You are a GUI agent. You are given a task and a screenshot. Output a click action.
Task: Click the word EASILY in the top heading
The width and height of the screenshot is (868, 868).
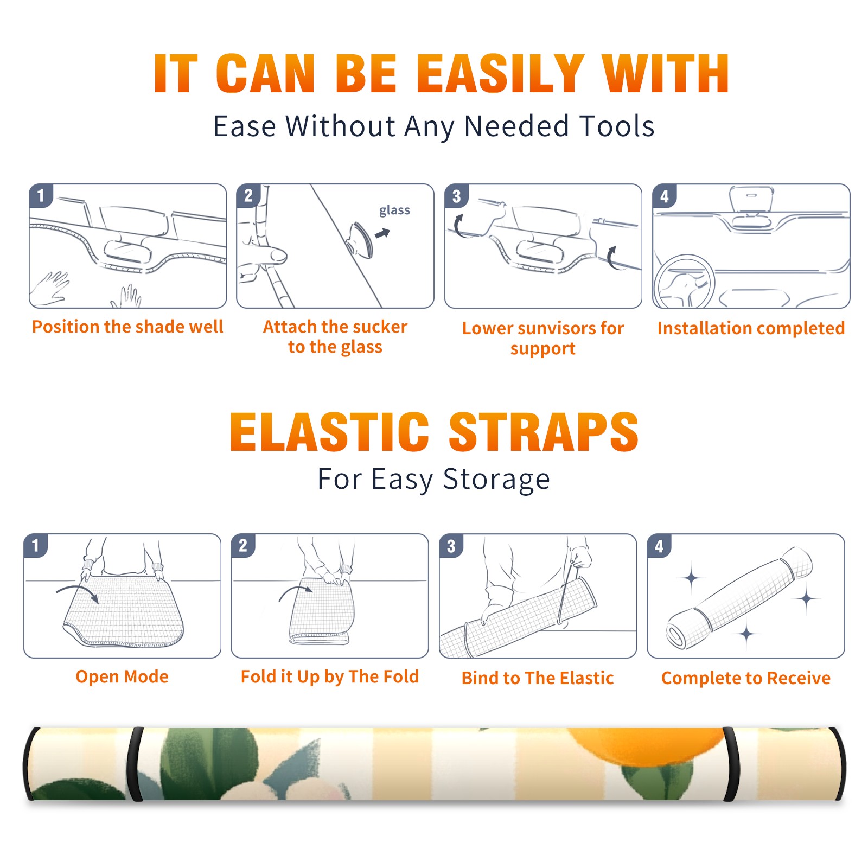click(x=500, y=74)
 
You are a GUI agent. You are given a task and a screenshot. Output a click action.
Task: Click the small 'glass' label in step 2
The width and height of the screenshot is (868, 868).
click(x=394, y=210)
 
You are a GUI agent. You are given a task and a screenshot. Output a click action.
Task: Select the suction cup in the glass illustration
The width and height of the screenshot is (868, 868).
click(x=361, y=239)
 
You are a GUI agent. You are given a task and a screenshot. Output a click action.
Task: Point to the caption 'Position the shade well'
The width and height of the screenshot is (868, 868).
click(x=127, y=327)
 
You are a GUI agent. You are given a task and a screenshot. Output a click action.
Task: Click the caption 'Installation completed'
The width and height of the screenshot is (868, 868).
click(x=751, y=328)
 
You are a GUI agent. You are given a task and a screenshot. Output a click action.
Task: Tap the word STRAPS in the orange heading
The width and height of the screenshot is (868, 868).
click(x=544, y=432)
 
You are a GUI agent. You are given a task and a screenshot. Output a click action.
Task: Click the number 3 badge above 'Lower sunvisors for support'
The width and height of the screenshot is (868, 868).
click(x=456, y=196)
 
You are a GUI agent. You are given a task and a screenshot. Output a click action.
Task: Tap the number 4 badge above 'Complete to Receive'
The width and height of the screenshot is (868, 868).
click(x=659, y=546)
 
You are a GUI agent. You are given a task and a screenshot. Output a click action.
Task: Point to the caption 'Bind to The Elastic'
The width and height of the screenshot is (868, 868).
click(x=537, y=678)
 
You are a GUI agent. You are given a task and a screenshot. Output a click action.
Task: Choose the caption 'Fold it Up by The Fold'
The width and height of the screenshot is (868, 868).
click(x=330, y=676)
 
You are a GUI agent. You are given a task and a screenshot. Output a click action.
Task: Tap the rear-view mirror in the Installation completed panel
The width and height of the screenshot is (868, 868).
click(x=751, y=199)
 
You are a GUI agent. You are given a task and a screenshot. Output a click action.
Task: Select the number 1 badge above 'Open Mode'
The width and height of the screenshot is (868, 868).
click(x=36, y=545)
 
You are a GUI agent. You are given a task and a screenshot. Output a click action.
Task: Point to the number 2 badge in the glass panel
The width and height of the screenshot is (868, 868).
click(x=248, y=195)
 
